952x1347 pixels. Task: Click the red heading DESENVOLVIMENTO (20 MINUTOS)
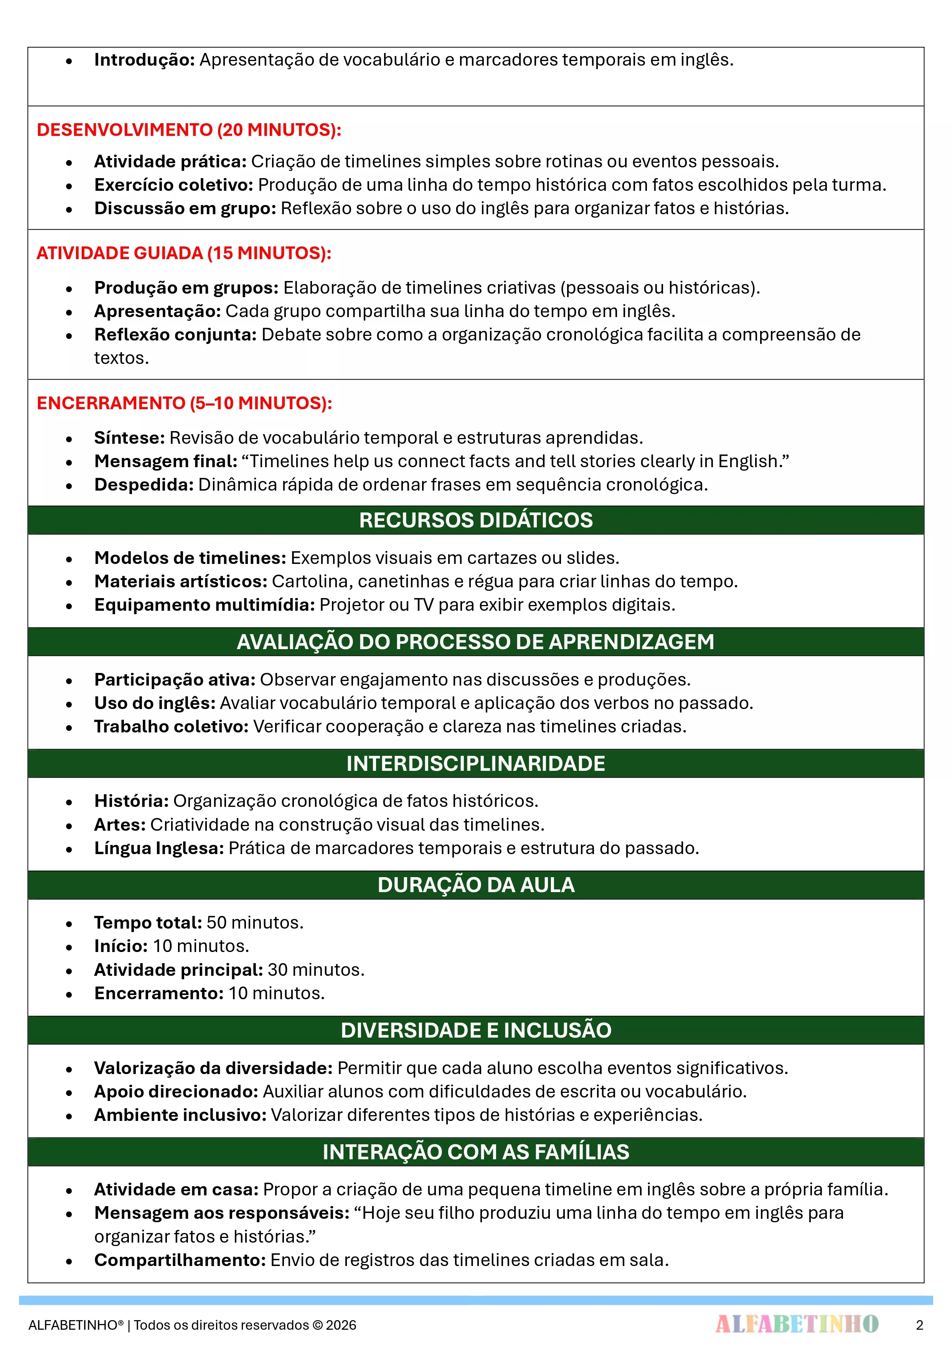189,130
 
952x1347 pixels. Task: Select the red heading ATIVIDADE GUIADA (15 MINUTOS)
183,253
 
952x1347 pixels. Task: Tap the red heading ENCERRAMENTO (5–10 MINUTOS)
184,403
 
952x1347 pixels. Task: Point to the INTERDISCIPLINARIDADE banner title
476,763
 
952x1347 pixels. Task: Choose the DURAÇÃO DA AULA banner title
476,885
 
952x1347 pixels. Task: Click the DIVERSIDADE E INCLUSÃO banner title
476,1030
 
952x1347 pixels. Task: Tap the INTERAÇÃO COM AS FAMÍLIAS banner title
476,1152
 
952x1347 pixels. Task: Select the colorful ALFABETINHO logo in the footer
797,1324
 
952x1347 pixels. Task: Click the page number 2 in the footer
919,1325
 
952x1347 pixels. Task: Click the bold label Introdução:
144,60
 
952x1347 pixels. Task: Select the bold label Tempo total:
148,922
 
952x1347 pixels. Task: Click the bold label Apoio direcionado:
176,1091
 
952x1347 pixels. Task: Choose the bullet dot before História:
69,802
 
